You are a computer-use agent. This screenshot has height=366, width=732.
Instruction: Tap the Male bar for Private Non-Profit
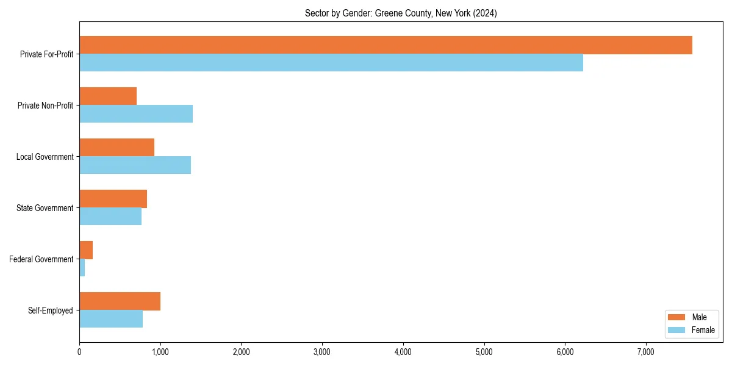[108, 96]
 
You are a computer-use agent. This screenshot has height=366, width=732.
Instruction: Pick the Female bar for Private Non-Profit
[136, 114]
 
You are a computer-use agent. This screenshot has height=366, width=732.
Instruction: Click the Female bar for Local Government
[135, 165]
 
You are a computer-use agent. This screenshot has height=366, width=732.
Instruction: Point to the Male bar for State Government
[113, 199]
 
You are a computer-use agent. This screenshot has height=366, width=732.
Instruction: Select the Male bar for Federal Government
[86, 250]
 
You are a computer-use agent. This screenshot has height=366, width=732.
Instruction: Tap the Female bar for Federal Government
[82, 268]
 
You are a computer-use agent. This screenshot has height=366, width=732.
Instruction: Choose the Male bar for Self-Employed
[120, 301]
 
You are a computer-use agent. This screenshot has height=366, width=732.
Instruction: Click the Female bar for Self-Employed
[111, 319]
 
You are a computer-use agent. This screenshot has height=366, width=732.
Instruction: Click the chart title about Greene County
[401, 13]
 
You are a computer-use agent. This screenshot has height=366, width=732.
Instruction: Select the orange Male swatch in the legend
[677, 317]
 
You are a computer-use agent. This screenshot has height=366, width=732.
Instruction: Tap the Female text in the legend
[703, 330]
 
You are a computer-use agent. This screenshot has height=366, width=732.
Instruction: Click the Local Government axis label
[45, 157]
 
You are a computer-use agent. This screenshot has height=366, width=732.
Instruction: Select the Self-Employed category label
[50, 310]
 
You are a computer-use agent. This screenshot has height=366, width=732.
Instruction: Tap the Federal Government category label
[41, 259]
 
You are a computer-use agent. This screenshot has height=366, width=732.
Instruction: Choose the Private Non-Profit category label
[45, 106]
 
